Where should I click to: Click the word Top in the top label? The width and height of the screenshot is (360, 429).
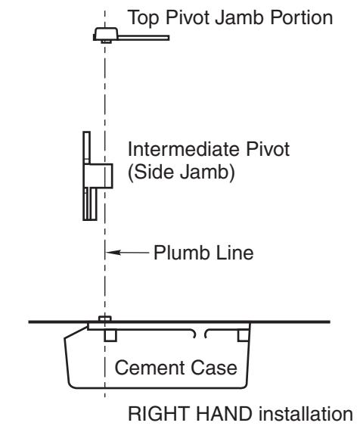(143, 18)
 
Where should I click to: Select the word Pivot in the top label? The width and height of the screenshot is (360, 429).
(188, 17)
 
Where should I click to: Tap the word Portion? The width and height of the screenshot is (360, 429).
(301, 17)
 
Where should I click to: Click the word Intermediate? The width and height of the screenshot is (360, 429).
(185, 149)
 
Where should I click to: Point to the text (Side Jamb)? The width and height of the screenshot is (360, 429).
(182, 173)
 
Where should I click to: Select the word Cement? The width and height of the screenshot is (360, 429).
(150, 368)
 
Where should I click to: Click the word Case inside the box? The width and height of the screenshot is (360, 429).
(214, 368)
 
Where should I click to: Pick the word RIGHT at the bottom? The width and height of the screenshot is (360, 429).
(160, 414)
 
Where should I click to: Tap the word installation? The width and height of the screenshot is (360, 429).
(306, 414)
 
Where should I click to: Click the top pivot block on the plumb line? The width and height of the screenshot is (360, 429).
(106, 34)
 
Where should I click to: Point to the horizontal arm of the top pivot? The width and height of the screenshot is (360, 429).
(144, 38)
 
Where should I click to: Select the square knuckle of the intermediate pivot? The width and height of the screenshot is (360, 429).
(98, 176)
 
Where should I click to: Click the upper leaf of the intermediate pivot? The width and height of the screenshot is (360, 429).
(87, 148)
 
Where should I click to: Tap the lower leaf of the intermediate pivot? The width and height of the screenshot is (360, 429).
(90, 204)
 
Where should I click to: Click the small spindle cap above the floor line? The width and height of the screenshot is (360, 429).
(105, 319)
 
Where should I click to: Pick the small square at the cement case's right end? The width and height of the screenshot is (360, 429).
(244, 335)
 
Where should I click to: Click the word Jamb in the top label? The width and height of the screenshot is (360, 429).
(241, 17)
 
